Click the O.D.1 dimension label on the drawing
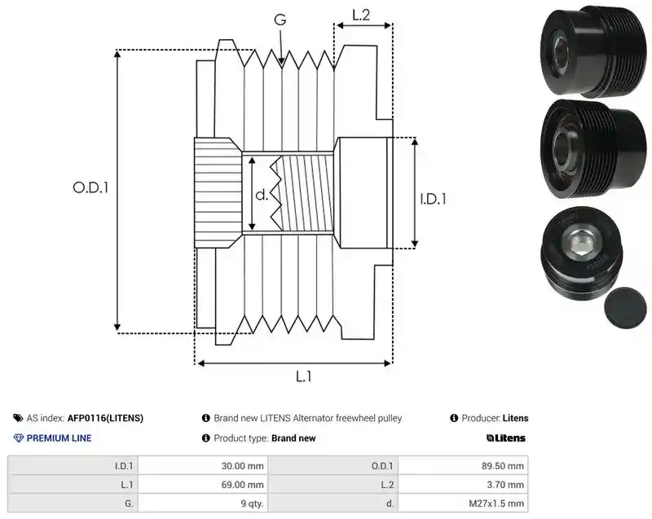tap(90, 188)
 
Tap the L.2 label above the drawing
tap(361, 15)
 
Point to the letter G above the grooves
tap(280, 20)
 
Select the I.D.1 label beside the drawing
tap(433, 199)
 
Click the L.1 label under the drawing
tap(303, 376)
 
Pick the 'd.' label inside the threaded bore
tap(262, 195)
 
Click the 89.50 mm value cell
tap(503, 466)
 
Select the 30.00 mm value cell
tap(242, 466)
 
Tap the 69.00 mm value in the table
tap(242, 485)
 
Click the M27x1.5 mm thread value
tap(496, 504)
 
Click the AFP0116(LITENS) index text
tap(105, 418)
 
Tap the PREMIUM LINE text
tap(59, 438)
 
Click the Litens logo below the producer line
tap(505, 438)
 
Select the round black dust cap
tap(625, 307)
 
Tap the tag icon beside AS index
tap(18, 418)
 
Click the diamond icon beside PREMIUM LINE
tap(19, 438)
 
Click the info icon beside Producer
tap(454, 418)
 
